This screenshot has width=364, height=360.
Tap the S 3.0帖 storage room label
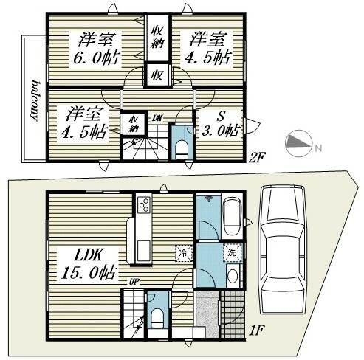(221, 124)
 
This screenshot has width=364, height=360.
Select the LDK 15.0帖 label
(89, 264)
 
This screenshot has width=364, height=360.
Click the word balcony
(35, 100)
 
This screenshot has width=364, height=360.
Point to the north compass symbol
(299, 144)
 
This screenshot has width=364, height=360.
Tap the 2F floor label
(257, 158)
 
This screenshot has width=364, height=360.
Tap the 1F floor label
(257, 330)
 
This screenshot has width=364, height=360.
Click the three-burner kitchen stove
(144, 204)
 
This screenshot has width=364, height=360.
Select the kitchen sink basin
(143, 251)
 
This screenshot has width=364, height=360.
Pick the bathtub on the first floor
(231, 215)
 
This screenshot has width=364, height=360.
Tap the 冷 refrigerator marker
(184, 252)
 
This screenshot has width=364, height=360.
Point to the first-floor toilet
(157, 319)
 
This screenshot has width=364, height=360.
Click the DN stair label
(157, 118)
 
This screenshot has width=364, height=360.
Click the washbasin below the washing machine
(233, 276)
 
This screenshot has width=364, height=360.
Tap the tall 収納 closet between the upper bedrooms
(157, 38)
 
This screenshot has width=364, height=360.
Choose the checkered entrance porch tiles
(233, 314)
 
